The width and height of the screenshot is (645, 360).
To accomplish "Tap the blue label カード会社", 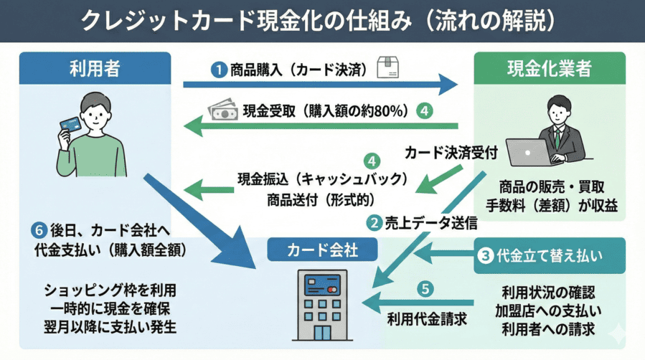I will [322, 250].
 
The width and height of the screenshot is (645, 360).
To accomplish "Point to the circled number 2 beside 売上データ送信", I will [374, 223].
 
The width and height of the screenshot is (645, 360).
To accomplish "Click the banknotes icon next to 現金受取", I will [222, 110].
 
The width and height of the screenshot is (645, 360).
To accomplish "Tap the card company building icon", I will [322, 305].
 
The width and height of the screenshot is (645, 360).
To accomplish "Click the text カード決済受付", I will [451, 153].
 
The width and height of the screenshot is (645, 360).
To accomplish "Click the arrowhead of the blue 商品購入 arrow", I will [448, 85].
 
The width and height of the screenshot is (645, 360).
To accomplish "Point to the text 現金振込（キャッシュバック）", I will [323, 178].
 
